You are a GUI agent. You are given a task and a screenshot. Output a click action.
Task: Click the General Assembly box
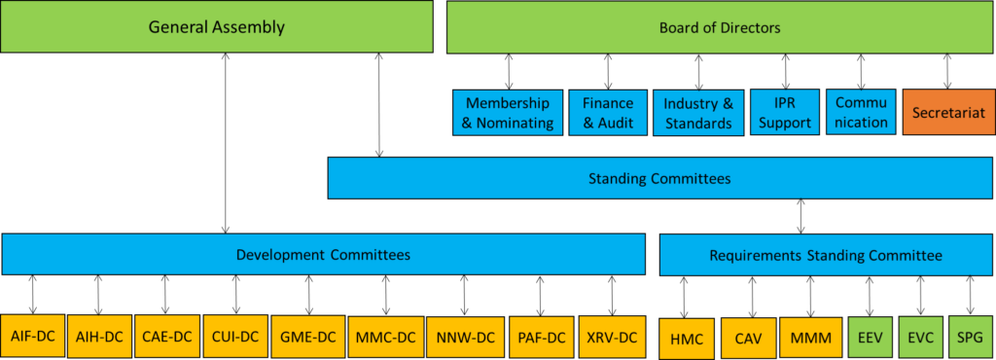tap(216, 27)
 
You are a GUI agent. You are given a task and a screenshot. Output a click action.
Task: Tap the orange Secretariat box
tap(947, 113)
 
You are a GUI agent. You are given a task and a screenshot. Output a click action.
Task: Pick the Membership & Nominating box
tap(509, 113)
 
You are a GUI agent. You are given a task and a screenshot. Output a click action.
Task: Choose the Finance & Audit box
tap(608, 113)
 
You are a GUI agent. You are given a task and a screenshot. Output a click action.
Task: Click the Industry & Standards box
tap(697, 113)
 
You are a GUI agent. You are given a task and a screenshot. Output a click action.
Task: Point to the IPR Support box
tap(785, 113)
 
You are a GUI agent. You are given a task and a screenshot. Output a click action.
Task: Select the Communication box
tap(860, 113)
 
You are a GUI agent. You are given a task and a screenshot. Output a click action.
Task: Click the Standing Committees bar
tap(659, 178)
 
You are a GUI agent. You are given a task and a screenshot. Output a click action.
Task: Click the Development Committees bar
tap(323, 255)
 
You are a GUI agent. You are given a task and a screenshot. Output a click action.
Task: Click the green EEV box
tap(869, 337)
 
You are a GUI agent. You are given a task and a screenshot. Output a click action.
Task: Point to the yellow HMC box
tap(685, 338)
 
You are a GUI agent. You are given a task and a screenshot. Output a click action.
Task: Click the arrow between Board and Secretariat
tap(947, 71)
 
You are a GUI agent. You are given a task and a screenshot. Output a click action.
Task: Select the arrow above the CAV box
tap(752, 296)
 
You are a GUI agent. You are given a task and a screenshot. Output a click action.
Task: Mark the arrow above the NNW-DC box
tap(464, 295)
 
